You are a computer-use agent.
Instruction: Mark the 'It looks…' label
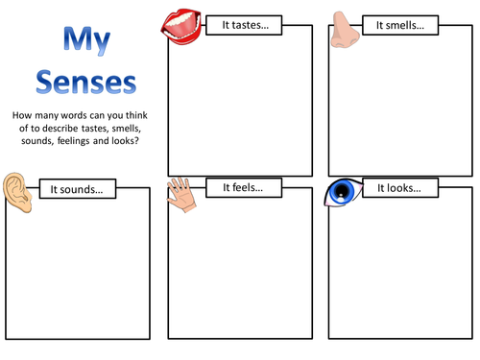(399, 188)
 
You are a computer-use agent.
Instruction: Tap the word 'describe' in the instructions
(66, 129)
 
